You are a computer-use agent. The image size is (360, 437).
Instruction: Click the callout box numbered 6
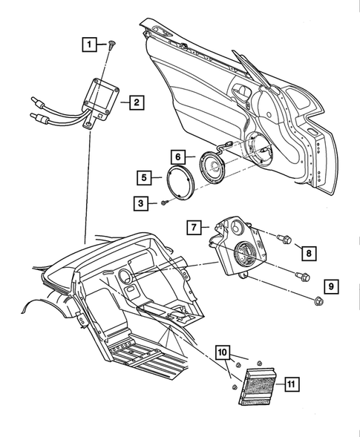click(177, 157)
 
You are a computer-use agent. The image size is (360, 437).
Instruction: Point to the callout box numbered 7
click(192, 226)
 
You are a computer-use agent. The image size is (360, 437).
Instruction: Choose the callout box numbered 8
click(307, 253)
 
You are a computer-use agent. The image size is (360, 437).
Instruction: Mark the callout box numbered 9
click(330, 286)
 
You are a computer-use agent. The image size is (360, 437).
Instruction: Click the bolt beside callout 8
click(282, 239)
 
